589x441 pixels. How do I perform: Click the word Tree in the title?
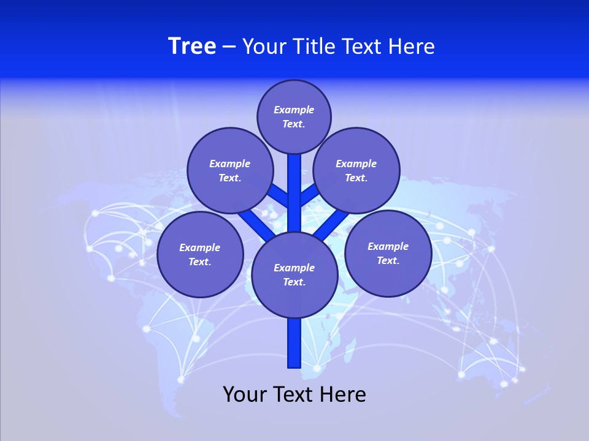click(192, 47)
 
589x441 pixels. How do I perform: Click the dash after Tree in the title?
click(229, 47)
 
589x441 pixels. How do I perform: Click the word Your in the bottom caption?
click(245, 394)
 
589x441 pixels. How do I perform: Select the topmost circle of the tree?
click(294, 117)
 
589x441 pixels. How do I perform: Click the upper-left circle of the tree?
click(230, 171)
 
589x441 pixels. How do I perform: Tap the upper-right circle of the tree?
click(356, 171)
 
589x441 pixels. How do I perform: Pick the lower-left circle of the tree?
click(200, 255)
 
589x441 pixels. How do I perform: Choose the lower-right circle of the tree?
click(388, 254)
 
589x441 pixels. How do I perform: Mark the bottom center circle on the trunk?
click(294, 275)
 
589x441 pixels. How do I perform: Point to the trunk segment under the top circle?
click(294, 190)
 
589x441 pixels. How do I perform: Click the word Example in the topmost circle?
click(294, 110)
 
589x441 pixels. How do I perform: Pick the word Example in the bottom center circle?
click(294, 268)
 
